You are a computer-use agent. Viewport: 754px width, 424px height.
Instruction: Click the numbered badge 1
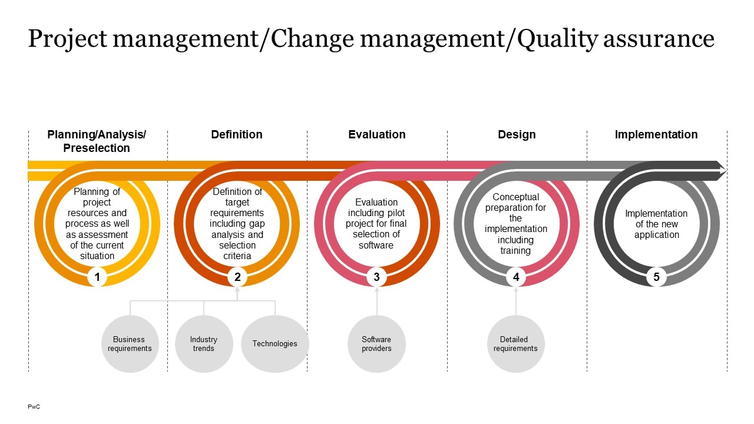tap(97, 277)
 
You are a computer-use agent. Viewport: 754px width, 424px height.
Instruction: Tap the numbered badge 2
tap(237, 277)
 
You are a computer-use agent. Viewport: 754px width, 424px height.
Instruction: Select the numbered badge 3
tap(377, 277)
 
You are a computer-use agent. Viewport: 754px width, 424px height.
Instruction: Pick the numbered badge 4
tap(516, 277)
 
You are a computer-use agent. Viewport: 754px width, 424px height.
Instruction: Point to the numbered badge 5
tap(656, 277)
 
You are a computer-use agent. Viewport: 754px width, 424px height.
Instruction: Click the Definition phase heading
tap(237, 135)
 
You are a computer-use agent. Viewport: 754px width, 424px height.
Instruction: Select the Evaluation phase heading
tap(377, 135)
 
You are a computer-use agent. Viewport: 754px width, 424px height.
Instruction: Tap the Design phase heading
tap(517, 135)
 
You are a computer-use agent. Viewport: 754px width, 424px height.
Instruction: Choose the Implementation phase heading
tap(656, 135)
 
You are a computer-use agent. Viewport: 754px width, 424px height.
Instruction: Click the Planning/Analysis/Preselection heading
tap(97, 141)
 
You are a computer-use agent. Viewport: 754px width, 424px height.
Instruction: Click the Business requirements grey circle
tap(130, 344)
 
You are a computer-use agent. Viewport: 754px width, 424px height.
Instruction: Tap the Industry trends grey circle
tap(204, 344)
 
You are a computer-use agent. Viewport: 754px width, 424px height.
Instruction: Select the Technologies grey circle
tap(275, 344)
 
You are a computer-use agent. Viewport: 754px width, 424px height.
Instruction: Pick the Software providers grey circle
tap(376, 344)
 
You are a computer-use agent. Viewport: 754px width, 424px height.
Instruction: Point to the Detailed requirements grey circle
tap(515, 344)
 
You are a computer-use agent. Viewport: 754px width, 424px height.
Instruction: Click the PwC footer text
tap(34, 407)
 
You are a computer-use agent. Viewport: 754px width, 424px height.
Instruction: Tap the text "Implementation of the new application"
tap(656, 224)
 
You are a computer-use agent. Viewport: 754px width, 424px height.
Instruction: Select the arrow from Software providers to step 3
tap(377, 301)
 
